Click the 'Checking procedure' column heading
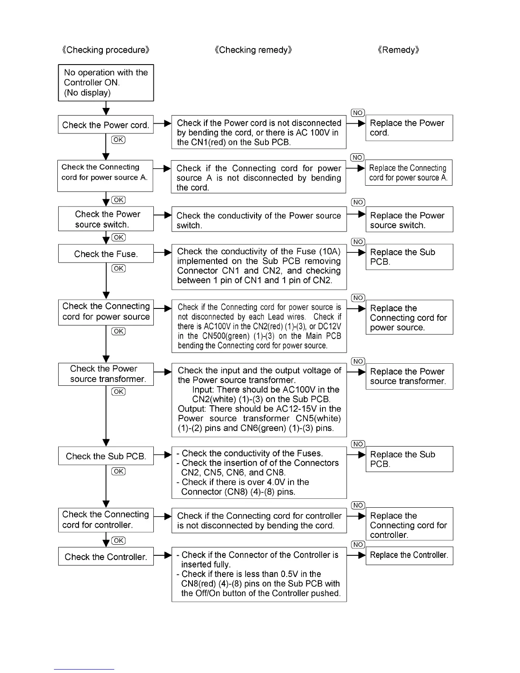pyautogui.click(x=106, y=50)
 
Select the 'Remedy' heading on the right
pyautogui.click(x=398, y=50)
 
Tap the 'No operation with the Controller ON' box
pyautogui.click(x=106, y=83)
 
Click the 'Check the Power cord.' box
pyautogui.click(x=106, y=125)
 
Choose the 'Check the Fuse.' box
pyautogui.click(x=106, y=254)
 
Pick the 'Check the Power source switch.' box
pyautogui.click(x=106, y=219)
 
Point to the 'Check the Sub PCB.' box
pyautogui.click(x=106, y=456)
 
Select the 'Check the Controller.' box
pyautogui.click(x=106, y=557)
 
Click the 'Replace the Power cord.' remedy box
pyautogui.click(x=409, y=128)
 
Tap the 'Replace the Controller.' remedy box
pyautogui.click(x=409, y=555)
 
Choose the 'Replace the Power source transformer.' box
pyautogui.click(x=409, y=376)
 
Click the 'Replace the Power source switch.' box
pyautogui.click(x=409, y=220)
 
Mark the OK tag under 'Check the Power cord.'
pyautogui.click(x=119, y=140)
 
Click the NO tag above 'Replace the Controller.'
pyautogui.click(x=358, y=545)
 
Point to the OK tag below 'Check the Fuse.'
pyautogui.click(x=119, y=269)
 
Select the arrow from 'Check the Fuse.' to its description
pyautogui.click(x=162, y=252)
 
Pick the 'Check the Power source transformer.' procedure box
pyautogui.click(x=106, y=374)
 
